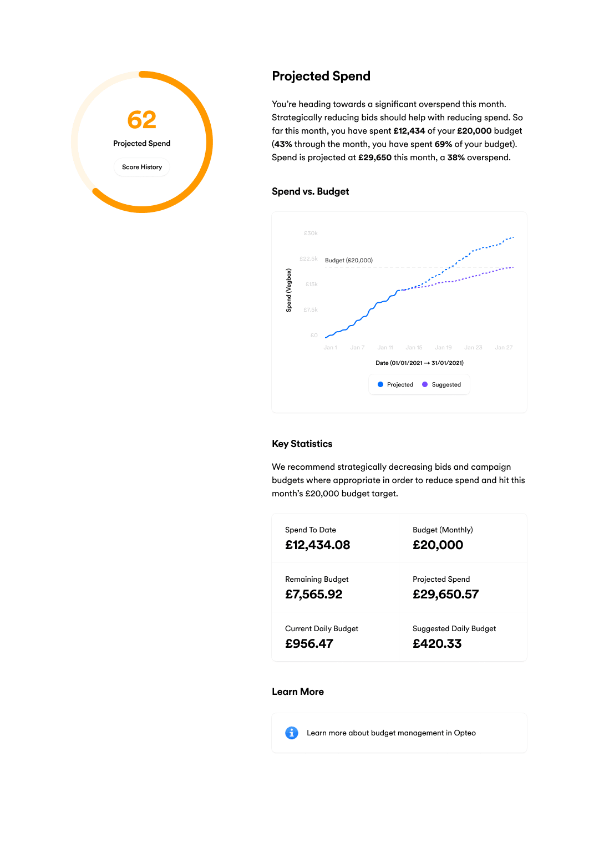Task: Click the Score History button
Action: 142,167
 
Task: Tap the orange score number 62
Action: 142,120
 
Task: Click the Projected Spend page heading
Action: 321,76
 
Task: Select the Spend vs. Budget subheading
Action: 310,191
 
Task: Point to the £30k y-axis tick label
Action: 311,233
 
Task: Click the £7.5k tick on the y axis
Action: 311,310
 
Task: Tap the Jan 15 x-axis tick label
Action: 414,348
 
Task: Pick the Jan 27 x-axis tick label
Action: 504,348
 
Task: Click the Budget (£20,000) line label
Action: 349,260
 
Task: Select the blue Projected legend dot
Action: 380,384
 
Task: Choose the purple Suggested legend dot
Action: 425,384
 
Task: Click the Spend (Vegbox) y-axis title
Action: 288,290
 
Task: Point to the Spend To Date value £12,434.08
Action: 318,545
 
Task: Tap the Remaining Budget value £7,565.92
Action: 314,595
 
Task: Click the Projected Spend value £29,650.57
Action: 445,595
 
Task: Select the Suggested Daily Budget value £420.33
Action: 437,644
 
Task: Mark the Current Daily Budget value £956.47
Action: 309,644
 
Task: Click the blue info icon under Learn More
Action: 292,733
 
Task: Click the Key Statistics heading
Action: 302,444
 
